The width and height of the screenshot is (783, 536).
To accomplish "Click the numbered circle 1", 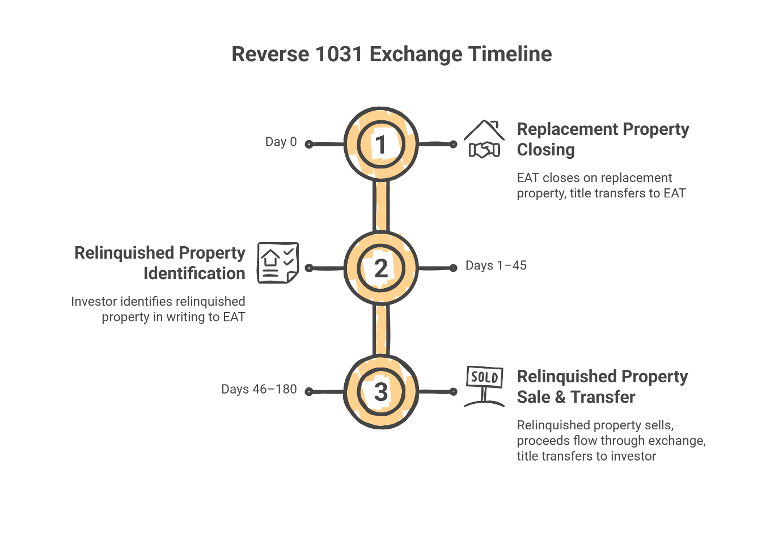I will [381, 144].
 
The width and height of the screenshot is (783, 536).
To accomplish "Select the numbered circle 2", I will [381, 268].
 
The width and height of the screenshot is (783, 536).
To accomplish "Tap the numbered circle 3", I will [381, 391].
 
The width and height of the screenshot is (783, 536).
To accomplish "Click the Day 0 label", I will [281, 142].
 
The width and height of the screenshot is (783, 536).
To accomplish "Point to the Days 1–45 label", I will [496, 265].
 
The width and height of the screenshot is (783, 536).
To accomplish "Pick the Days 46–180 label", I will [259, 389].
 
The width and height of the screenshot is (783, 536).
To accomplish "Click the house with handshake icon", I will [484, 139].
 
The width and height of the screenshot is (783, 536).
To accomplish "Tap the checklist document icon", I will [278, 263].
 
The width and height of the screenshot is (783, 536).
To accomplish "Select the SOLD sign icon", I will [484, 386].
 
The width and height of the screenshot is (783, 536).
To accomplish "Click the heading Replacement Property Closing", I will [602, 140].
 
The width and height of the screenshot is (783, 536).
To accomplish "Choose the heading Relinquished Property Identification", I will [160, 263].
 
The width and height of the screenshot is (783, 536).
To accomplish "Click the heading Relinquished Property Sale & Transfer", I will [602, 387].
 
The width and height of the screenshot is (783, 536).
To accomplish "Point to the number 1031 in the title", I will [338, 54].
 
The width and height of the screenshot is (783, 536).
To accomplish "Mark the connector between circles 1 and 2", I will [381, 206].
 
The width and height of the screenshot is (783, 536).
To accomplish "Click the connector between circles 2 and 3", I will [381, 330].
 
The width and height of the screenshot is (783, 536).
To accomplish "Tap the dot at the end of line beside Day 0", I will [309, 145].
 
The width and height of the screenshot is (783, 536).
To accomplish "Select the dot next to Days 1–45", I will [453, 268].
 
